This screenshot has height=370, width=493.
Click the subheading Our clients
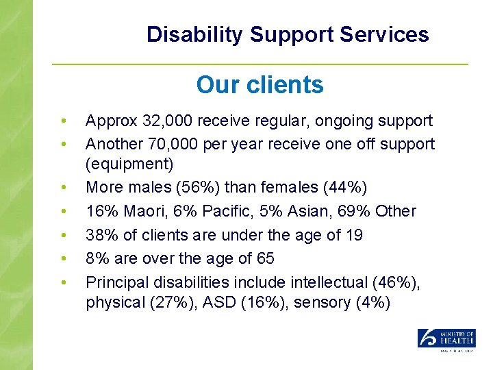260,85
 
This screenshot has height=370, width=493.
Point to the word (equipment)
130,165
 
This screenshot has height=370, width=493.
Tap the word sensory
324,303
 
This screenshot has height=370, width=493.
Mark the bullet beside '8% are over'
63,259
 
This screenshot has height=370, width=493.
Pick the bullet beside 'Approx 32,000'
63,122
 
